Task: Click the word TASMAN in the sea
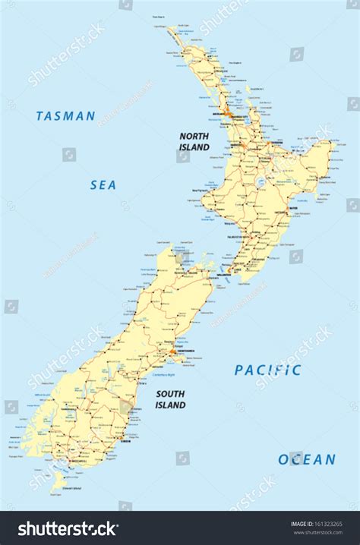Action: pyautogui.click(x=65, y=116)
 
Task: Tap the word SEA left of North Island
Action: pyautogui.click(x=103, y=184)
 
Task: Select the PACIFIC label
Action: pyautogui.click(x=267, y=370)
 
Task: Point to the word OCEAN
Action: pyautogui.click(x=306, y=459)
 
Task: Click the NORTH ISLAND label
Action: pyautogui.click(x=194, y=142)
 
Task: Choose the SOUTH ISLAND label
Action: pyautogui.click(x=171, y=399)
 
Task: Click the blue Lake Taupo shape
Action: pyautogui.click(x=262, y=182)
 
